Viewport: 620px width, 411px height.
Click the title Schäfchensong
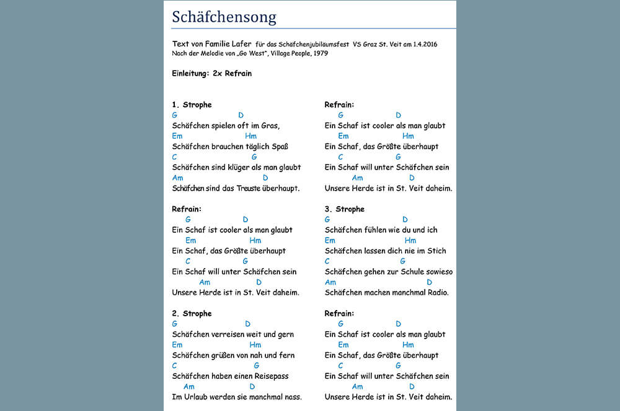click(224, 17)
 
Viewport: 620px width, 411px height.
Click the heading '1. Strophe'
click(192, 105)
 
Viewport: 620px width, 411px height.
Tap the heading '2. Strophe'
click(192, 313)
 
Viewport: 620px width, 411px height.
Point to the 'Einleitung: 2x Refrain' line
click(211, 73)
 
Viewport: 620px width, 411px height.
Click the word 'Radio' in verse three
click(435, 292)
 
